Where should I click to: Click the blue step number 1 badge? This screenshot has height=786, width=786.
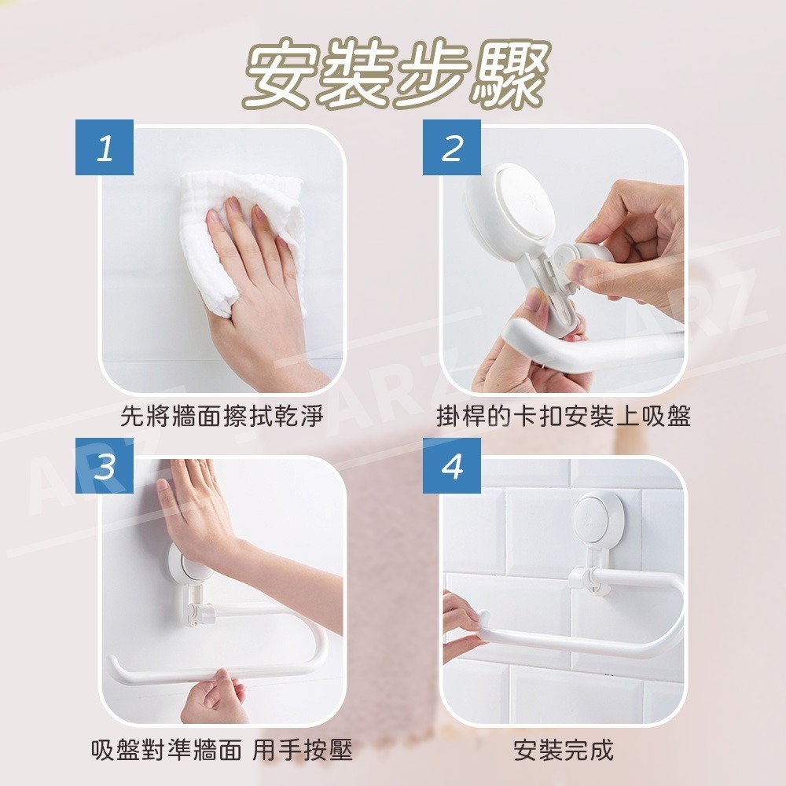(105, 148)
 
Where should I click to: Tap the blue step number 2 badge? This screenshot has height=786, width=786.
(452, 148)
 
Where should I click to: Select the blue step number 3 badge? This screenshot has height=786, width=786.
(105, 465)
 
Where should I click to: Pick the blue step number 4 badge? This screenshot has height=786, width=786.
(452, 465)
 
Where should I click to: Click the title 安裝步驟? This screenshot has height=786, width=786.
(396, 74)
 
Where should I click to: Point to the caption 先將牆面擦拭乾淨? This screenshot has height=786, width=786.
(222, 416)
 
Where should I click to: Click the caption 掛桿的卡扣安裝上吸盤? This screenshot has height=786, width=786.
(564, 416)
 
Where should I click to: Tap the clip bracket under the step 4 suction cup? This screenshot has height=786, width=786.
(588, 581)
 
